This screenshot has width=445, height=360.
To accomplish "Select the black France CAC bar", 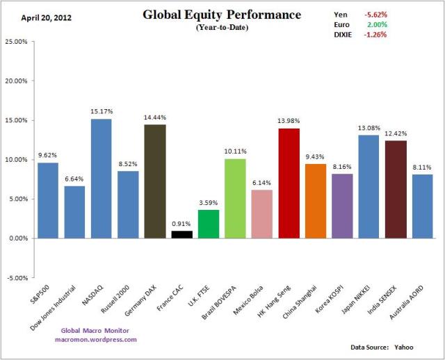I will tap(181, 234).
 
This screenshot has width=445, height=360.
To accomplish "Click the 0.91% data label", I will tap(181, 224).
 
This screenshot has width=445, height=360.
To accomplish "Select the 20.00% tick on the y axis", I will tap(15, 81).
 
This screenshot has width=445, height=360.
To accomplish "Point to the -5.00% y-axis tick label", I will tap(15, 277).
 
